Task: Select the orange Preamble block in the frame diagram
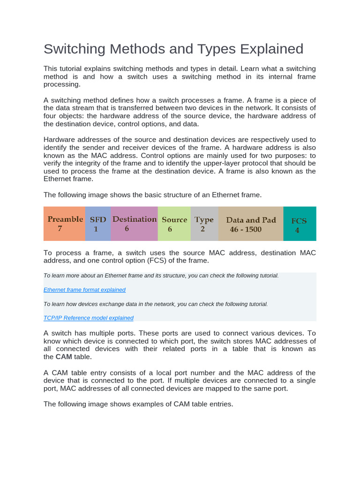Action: click(x=65, y=224)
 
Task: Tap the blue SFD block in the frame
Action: click(x=98, y=224)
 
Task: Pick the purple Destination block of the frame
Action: click(x=134, y=224)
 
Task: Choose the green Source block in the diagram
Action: click(x=174, y=224)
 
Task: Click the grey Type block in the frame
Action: click(x=204, y=224)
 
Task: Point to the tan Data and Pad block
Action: click(x=251, y=224)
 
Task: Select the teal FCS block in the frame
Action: click(x=300, y=224)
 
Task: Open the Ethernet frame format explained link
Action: click(x=84, y=290)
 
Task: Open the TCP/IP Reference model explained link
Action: click(x=89, y=318)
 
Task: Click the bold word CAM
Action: click(x=64, y=357)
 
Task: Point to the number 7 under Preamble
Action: click(x=60, y=229)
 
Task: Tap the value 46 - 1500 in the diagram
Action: click(x=246, y=230)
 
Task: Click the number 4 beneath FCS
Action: click(x=297, y=231)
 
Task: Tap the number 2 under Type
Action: click(x=202, y=229)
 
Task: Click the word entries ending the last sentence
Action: click(x=220, y=404)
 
